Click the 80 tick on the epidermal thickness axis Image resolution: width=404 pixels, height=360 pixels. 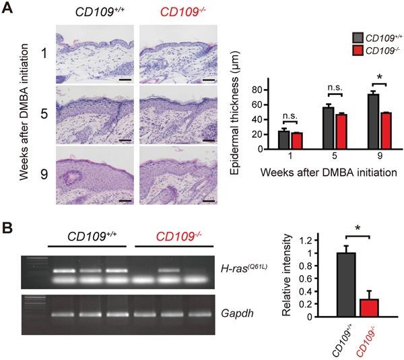(x=256, y=89)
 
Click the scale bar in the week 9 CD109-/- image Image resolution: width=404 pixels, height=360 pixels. (x=207, y=200)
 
